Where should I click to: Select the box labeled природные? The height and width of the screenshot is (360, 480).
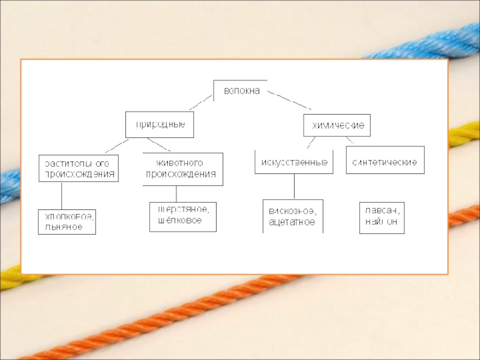[x=160, y=124]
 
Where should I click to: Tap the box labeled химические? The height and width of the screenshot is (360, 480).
[x=337, y=127]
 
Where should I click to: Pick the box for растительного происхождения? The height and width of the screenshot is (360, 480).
[x=78, y=169]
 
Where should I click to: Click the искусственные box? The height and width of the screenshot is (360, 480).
[x=293, y=162]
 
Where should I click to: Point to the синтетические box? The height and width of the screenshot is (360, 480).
[x=385, y=162]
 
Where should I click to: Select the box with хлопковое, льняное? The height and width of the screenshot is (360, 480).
[x=67, y=221]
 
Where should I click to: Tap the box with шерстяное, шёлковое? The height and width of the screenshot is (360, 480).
[x=182, y=215]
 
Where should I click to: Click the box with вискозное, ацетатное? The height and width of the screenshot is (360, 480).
[x=293, y=216]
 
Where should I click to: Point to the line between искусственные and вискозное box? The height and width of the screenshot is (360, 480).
[x=294, y=187]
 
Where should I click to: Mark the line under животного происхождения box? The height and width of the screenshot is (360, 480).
[x=176, y=194]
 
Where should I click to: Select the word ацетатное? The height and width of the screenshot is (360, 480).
[x=292, y=222]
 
